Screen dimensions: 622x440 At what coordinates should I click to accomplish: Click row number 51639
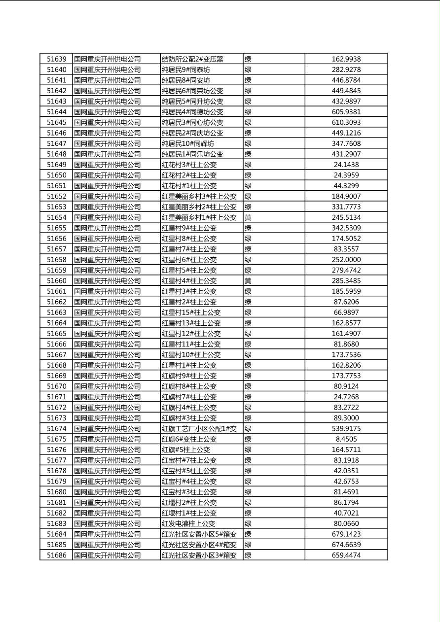point(56,59)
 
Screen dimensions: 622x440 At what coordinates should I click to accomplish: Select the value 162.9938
point(346,59)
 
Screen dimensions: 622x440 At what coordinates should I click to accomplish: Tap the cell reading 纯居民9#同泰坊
point(186,69)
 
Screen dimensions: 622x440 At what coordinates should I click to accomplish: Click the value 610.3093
point(346,122)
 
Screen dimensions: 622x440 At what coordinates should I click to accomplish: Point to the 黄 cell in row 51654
point(248,217)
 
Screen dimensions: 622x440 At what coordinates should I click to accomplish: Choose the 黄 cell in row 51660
point(248,281)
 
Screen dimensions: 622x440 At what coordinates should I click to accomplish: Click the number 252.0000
point(346,260)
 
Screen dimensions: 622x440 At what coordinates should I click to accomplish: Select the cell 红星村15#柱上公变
point(191,312)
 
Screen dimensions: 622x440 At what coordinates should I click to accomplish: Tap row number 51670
point(56,386)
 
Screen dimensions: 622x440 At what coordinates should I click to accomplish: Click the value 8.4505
point(346,439)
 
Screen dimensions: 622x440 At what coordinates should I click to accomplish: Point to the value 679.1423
point(346,534)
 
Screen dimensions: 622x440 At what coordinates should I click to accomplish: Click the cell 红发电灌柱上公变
point(188,523)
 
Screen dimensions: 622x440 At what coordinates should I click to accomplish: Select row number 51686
point(56,555)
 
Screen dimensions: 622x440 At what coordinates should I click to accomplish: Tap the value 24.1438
point(346,165)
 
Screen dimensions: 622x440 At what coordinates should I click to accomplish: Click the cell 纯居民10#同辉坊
point(188,143)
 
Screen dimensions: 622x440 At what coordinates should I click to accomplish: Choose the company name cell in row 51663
point(108,312)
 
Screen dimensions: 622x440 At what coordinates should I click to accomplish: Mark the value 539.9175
point(346,429)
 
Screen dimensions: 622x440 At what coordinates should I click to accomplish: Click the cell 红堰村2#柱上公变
point(189,503)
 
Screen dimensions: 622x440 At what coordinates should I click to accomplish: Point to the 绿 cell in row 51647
point(248,143)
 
